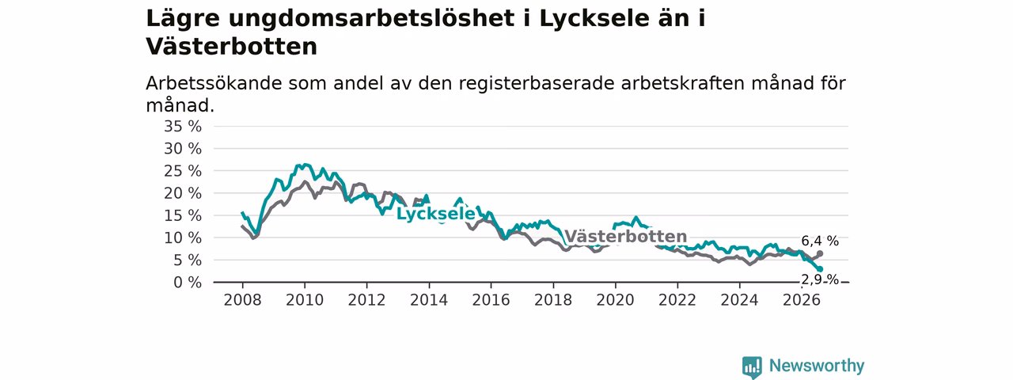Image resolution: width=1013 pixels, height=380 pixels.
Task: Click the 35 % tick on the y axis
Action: coord(183,126)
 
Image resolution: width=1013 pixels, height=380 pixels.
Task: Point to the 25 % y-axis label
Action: coord(183,171)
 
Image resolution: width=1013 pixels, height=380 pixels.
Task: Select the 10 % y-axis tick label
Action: coord(183,237)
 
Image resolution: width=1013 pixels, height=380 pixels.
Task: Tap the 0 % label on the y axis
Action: coord(188,283)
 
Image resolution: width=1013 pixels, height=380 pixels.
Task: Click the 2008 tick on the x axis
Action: coord(242,300)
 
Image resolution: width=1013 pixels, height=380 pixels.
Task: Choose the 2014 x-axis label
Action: coord(429,300)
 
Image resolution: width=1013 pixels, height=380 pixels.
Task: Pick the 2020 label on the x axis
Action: coord(615,300)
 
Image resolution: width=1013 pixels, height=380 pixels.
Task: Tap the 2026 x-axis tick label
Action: coord(802,300)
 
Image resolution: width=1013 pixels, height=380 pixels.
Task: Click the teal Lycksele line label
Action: coord(435,214)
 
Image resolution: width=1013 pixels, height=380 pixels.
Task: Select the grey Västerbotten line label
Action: coord(626,236)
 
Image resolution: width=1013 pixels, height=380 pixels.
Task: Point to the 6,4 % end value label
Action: coord(820,241)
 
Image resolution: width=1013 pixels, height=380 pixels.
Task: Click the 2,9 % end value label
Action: coord(820,280)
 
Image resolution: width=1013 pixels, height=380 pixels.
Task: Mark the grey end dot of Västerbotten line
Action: coord(820,254)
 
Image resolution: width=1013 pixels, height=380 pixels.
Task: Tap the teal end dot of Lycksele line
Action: coord(820,269)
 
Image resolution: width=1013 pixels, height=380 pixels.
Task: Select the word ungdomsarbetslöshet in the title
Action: coord(372,19)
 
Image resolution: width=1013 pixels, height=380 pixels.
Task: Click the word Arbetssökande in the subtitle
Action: coord(214,83)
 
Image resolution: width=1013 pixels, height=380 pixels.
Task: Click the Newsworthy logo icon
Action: coord(752,367)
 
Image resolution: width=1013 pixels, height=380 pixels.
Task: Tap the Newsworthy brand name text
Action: coord(817,366)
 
